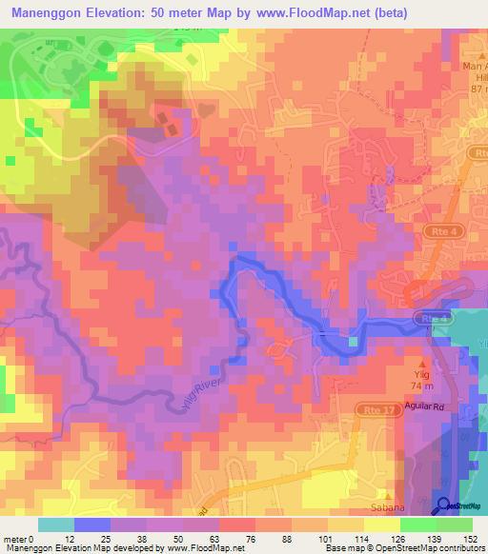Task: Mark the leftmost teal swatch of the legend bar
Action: (x=56, y=524)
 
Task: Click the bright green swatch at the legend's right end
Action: (x=455, y=524)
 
